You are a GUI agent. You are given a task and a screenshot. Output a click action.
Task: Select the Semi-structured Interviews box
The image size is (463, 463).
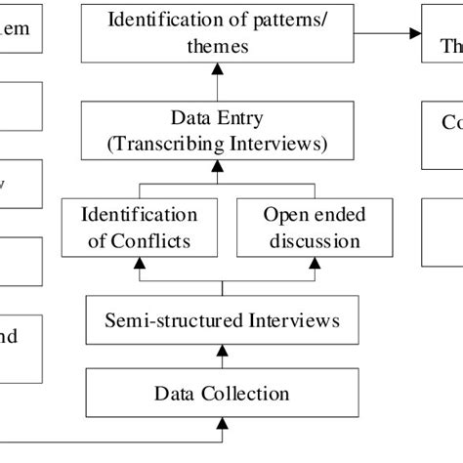coord(223,319)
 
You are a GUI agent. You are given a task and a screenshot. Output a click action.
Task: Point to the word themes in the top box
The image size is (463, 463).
coord(223,45)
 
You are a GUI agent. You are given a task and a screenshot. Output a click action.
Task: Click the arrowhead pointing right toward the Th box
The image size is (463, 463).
coord(415,33)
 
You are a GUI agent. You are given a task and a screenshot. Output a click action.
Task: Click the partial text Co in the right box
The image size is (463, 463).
coord(451,123)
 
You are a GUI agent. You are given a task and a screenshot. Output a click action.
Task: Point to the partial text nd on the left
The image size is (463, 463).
coord(8,337)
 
